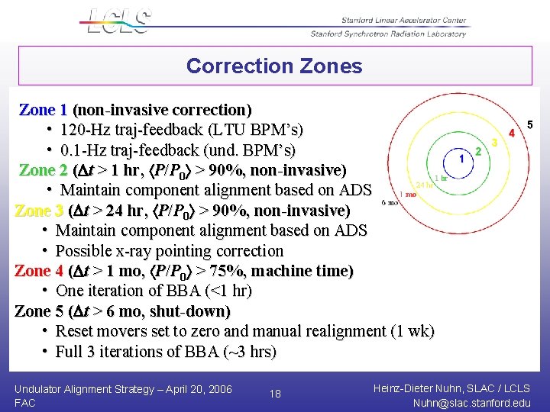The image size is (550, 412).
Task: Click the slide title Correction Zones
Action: (x=274, y=66)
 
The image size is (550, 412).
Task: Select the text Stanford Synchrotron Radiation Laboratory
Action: (x=388, y=34)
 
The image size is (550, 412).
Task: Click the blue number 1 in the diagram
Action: (x=461, y=159)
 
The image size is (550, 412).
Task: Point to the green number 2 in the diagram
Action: (x=478, y=151)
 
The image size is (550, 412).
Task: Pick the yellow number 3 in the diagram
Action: (x=494, y=142)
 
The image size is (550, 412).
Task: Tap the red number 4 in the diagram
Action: (x=512, y=133)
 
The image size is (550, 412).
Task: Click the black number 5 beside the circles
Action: (x=530, y=124)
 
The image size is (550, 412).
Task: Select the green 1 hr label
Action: (x=441, y=179)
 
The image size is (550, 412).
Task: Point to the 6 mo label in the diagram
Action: (x=389, y=203)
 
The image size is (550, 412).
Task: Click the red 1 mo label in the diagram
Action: (x=408, y=195)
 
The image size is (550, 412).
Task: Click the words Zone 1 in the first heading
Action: (x=43, y=110)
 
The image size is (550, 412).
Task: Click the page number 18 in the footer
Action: (x=275, y=394)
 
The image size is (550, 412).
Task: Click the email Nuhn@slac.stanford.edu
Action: (x=470, y=403)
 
